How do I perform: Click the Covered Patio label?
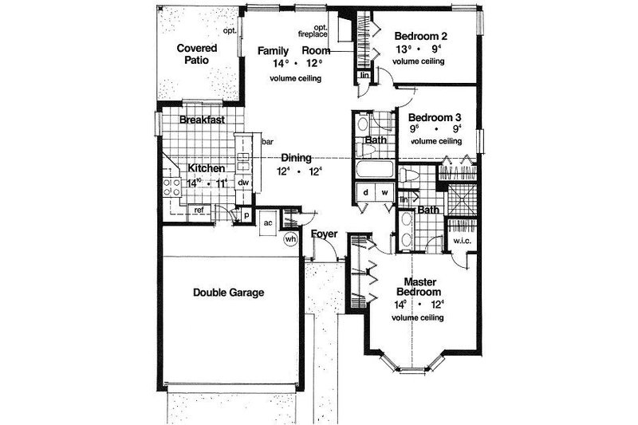tap(195, 53)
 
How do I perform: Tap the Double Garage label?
tap(228, 292)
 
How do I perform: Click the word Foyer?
tap(324, 234)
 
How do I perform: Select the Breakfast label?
tap(201, 120)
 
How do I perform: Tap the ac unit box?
tap(269, 222)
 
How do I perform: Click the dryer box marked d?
tap(366, 192)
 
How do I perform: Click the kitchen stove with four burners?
tap(171, 188)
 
